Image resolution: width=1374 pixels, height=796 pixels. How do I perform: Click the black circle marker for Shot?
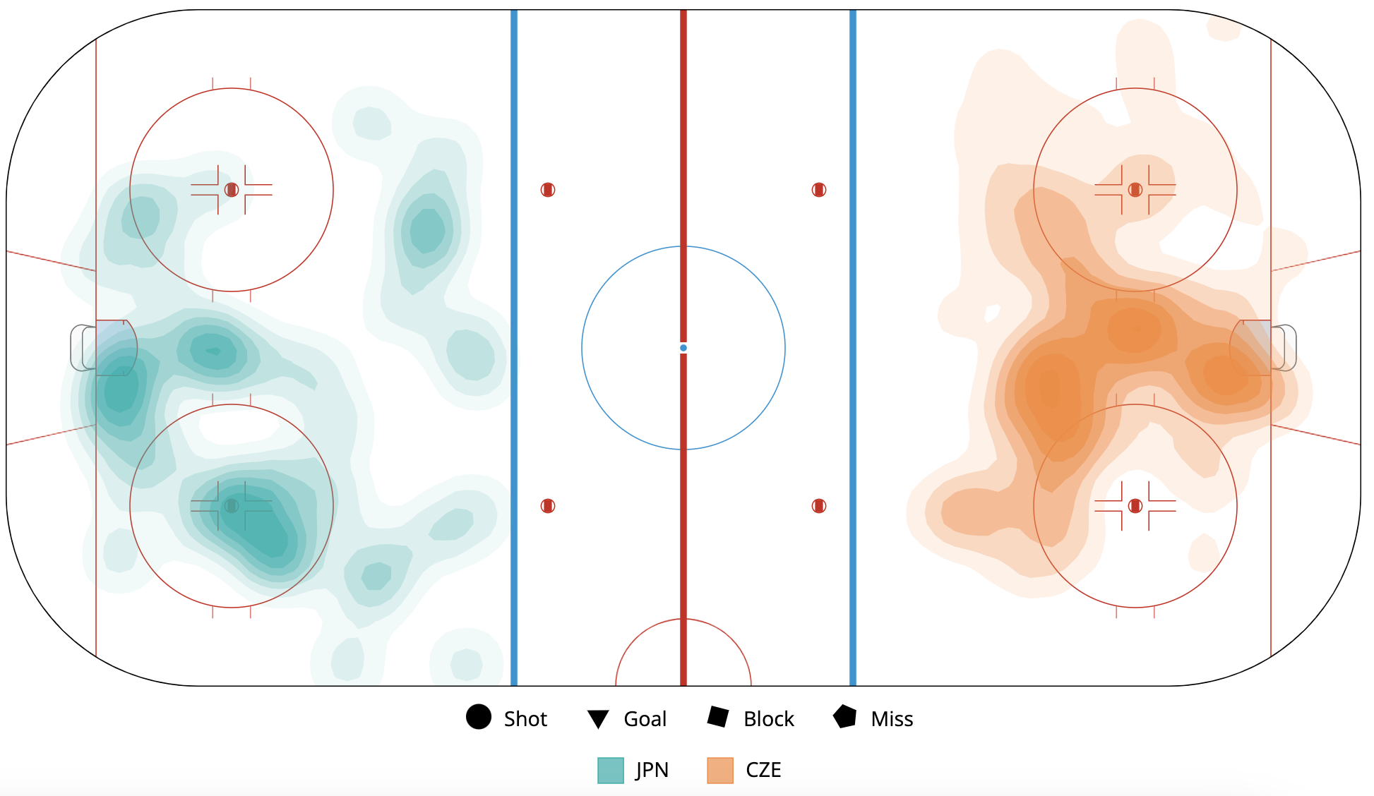(x=479, y=717)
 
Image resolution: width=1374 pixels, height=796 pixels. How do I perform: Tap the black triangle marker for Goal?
(x=598, y=719)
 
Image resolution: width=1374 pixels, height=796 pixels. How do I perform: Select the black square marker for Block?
(x=718, y=717)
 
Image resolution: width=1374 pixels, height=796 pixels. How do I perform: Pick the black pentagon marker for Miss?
(x=844, y=717)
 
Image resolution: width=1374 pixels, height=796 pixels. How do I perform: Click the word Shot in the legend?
(x=525, y=719)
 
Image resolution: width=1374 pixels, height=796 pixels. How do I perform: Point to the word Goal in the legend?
(x=645, y=719)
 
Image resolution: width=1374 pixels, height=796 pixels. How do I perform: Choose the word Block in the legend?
(x=768, y=719)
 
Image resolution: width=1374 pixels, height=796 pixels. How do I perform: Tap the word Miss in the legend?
(x=892, y=719)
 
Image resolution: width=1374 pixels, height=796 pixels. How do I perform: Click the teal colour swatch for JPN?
(x=611, y=771)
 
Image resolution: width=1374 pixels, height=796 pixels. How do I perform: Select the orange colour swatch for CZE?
(x=720, y=771)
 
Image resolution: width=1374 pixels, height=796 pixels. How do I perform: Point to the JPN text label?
(x=652, y=771)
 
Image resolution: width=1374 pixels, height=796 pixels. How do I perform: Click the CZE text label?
(x=763, y=771)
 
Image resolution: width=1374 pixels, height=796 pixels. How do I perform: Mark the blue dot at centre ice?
(x=683, y=348)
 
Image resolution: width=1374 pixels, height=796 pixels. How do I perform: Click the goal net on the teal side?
(x=83, y=347)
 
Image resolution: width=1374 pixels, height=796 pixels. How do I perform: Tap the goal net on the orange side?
(x=1284, y=347)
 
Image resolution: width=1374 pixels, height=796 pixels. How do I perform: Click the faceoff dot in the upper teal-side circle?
(x=232, y=190)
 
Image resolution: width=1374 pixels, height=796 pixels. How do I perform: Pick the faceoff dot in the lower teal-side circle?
(x=232, y=506)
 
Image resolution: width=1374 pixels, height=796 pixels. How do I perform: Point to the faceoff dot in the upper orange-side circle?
(x=1135, y=190)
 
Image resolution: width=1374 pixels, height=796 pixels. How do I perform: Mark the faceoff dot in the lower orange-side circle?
(x=1135, y=506)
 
